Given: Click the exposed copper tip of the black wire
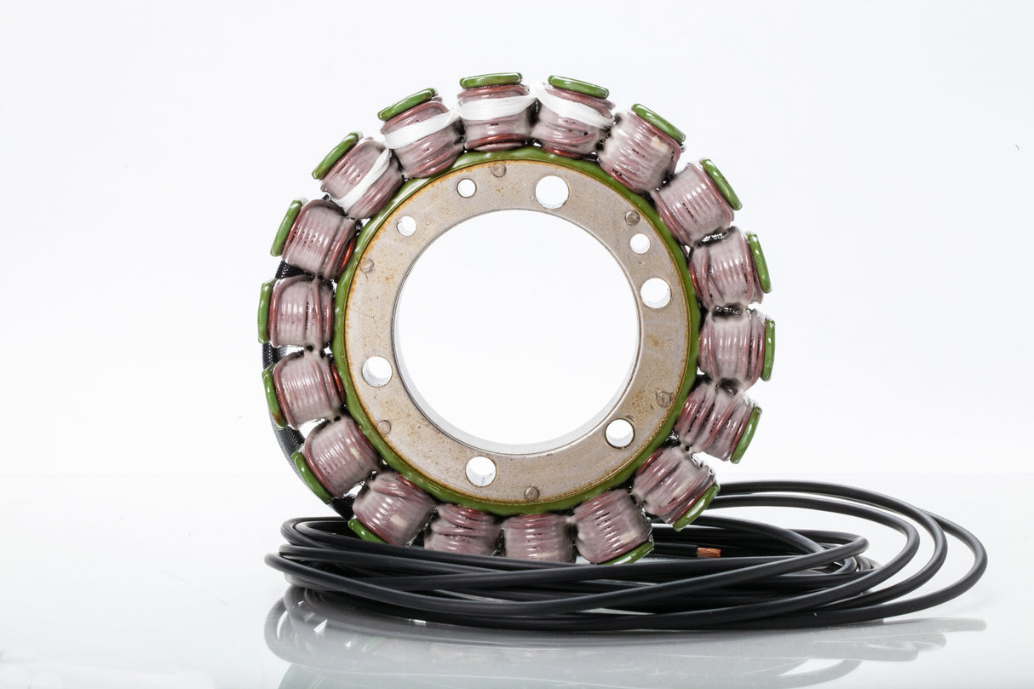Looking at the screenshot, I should [x=708, y=552].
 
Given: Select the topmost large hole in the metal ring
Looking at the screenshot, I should [x=551, y=192].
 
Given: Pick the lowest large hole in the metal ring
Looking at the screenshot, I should [x=480, y=470].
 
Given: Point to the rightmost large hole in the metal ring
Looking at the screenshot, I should [x=655, y=293].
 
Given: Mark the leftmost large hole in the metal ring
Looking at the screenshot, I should [x=376, y=370].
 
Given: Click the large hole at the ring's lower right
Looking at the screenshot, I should [x=619, y=433].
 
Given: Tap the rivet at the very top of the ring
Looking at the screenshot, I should [x=498, y=169].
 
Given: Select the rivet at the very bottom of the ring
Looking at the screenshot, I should [x=531, y=492].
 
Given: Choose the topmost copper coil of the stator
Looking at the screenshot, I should [x=495, y=119].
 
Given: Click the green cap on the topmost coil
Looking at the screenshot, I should [x=491, y=81].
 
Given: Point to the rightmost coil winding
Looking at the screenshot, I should [x=732, y=345].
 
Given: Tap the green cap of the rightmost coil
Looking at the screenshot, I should [x=769, y=349].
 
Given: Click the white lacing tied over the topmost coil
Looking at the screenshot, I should [x=496, y=107].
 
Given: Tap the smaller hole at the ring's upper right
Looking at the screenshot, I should [x=640, y=244].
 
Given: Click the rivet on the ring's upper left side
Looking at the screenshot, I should [x=366, y=265].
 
